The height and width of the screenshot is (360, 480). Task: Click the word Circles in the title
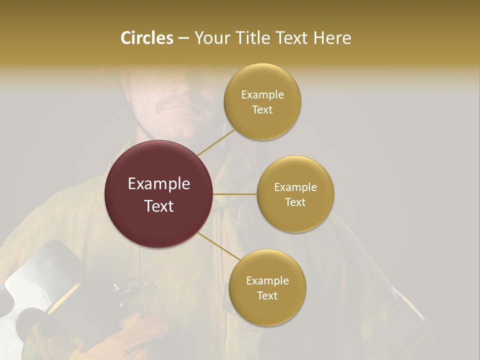point(146,38)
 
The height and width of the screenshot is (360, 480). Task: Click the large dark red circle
point(159,194)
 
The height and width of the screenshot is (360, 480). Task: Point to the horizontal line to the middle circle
point(235,194)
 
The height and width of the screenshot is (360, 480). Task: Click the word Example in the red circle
point(159,184)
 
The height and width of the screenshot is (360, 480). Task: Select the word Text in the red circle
point(159,205)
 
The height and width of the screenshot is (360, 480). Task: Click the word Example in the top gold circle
point(262,95)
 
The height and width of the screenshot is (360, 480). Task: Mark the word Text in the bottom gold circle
point(267,295)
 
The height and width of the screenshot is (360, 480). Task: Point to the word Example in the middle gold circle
point(295,187)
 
